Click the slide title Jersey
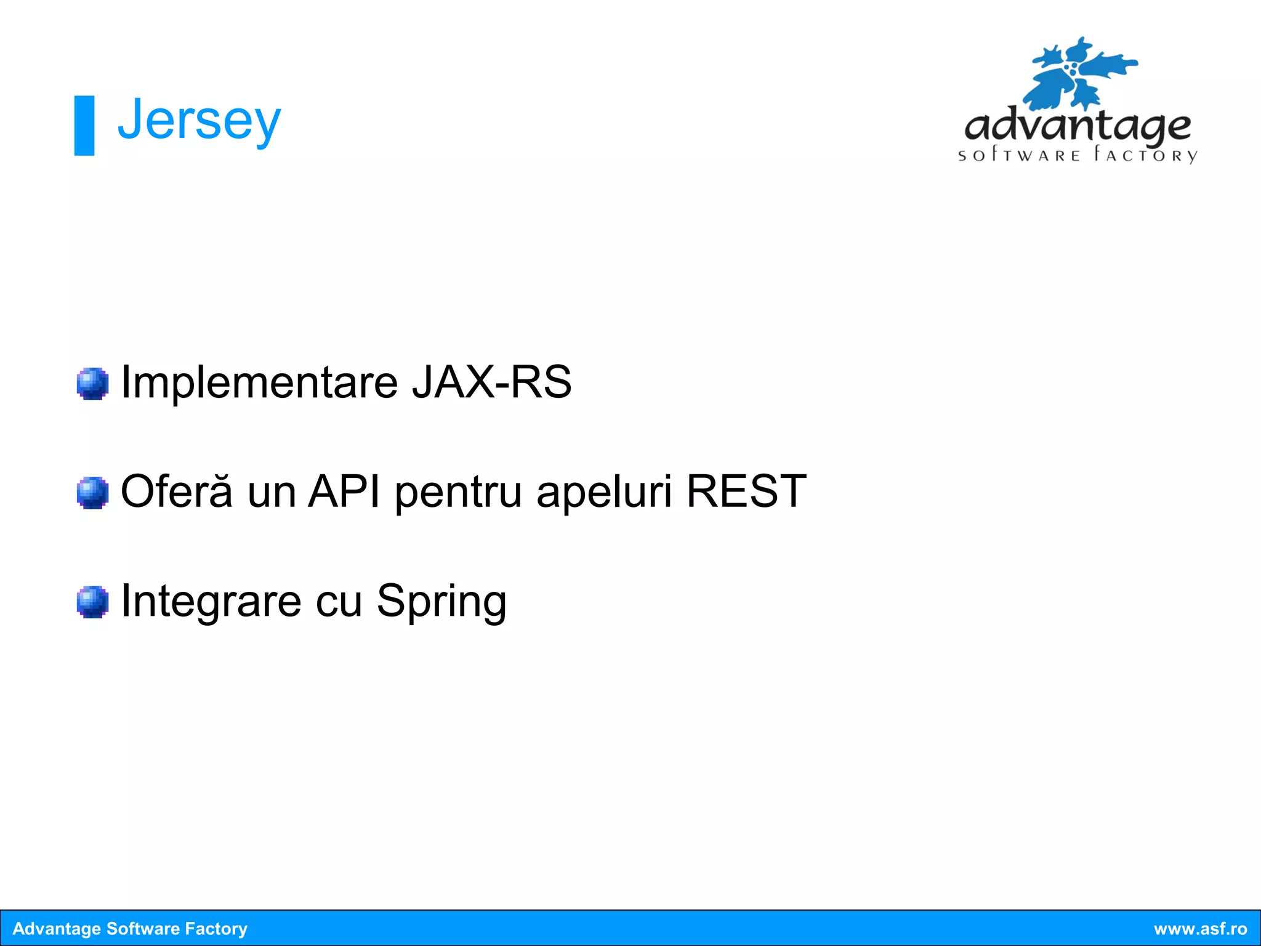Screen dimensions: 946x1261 (x=199, y=121)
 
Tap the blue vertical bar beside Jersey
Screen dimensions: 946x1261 (x=84, y=126)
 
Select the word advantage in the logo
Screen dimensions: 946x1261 (x=1078, y=126)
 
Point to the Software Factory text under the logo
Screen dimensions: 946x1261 (x=1078, y=155)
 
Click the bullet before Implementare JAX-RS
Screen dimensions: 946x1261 (x=92, y=384)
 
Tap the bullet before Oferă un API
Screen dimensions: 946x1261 (x=92, y=493)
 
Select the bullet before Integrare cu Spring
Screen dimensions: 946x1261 (x=92, y=602)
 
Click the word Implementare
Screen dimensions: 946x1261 (x=259, y=382)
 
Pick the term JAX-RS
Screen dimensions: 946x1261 (x=491, y=382)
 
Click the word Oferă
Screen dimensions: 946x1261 (x=177, y=491)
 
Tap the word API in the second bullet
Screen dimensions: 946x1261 (x=344, y=491)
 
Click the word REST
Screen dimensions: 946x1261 (x=746, y=491)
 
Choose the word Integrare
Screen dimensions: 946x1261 (x=211, y=601)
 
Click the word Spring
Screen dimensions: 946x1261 (x=441, y=601)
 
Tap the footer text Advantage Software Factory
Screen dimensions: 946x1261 (x=130, y=929)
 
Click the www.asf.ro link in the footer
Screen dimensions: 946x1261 (x=1200, y=929)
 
